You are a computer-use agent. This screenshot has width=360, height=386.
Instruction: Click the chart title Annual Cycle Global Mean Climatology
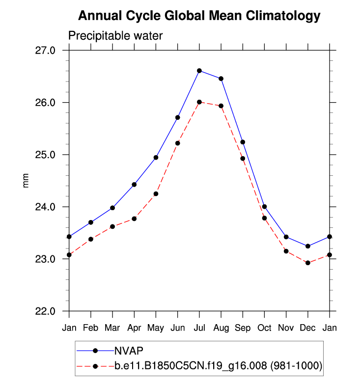pos(199,16)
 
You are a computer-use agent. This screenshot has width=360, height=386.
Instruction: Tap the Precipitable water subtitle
pos(115,36)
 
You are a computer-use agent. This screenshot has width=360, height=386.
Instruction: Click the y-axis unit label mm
pos(27,180)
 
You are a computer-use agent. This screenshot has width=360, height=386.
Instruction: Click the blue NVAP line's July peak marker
pos(199,71)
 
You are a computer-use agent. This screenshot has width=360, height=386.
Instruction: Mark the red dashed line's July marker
pos(199,102)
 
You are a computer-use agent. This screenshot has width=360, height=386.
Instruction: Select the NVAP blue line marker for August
pos(221,79)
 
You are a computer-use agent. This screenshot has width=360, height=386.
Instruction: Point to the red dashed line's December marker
pos(308,263)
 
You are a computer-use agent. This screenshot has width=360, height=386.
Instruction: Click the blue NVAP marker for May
pos(156,157)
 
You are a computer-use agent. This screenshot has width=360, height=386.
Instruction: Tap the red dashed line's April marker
pos(134,219)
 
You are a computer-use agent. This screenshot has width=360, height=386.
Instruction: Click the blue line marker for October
pos(264,206)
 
